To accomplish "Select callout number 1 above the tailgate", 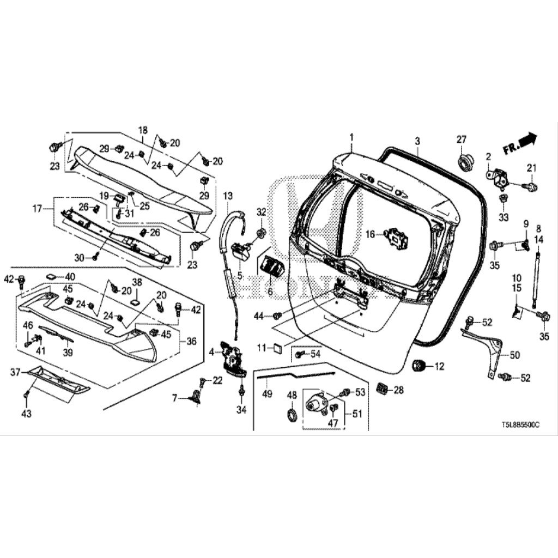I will click(352, 136).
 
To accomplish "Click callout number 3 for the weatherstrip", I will click(417, 141).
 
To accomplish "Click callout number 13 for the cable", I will click(227, 195).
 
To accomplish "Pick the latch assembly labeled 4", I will click(233, 357).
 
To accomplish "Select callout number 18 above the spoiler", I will click(143, 130).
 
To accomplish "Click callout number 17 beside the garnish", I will click(37, 208).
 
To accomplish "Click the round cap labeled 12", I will click(418, 366).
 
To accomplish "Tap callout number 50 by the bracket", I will click(514, 355).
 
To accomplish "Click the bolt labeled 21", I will click(530, 187).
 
